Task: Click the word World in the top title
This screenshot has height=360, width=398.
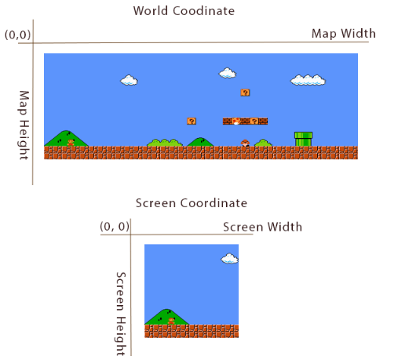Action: (150, 11)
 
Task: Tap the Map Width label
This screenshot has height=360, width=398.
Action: (344, 34)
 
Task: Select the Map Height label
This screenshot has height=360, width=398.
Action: (24, 125)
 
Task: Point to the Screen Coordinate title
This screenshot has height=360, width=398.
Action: (192, 203)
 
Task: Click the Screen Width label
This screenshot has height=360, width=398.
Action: (262, 227)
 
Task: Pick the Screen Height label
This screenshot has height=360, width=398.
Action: (121, 314)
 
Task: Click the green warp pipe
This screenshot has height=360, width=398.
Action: (303, 139)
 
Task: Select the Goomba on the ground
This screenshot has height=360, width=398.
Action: (245, 143)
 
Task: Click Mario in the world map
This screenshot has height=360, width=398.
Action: (71, 143)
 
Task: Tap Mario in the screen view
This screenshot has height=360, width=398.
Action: (171, 321)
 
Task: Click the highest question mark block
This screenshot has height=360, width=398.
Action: (245, 93)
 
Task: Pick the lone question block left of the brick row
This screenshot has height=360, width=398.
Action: (192, 121)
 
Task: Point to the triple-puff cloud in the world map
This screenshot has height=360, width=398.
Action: (308, 80)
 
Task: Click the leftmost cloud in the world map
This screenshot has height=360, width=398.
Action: (129, 80)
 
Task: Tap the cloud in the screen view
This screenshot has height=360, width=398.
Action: (229, 258)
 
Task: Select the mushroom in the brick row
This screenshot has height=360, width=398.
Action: (236, 121)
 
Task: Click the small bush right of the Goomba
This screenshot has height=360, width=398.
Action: (263, 143)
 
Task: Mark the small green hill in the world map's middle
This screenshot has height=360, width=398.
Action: (200, 142)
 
